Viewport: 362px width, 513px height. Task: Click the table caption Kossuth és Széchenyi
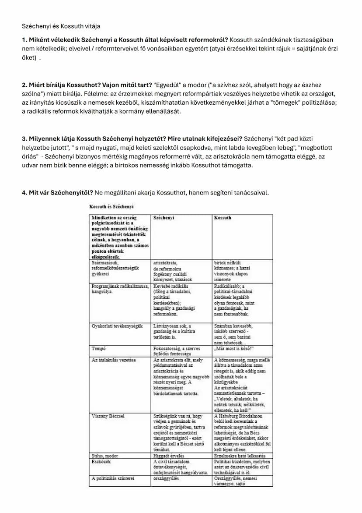tap(111, 206)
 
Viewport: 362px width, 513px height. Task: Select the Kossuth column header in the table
tap(223, 218)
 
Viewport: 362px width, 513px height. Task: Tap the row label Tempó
tap(99, 349)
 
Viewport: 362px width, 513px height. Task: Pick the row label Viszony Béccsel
tap(108, 416)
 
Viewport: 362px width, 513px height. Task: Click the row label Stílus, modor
tap(105, 456)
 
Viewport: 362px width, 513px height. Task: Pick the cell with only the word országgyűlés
tap(166, 478)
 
